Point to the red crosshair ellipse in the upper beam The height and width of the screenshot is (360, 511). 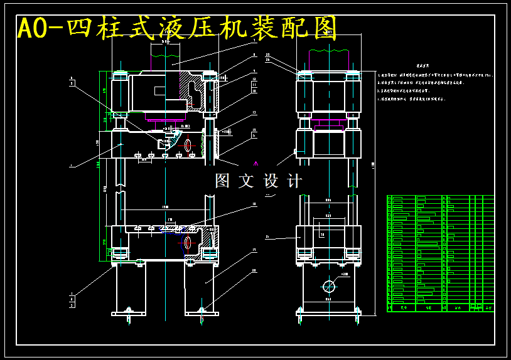click(x=188, y=146)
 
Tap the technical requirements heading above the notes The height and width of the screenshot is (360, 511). click(x=426, y=65)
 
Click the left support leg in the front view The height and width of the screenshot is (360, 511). click(x=130, y=289)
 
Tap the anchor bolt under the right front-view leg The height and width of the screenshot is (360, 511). click(x=202, y=310)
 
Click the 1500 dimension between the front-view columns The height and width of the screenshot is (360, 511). click(x=165, y=206)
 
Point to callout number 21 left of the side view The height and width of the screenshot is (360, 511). click(x=267, y=237)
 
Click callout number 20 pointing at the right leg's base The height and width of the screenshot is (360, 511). click(x=254, y=271)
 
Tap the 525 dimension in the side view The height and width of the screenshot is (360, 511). click(x=330, y=216)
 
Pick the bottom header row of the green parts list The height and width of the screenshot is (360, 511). click(x=440, y=308)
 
